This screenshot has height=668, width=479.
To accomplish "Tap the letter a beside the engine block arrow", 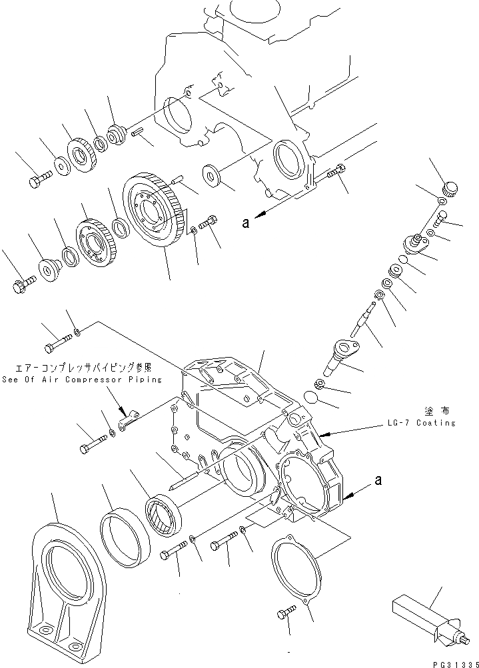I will click(246, 224).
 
